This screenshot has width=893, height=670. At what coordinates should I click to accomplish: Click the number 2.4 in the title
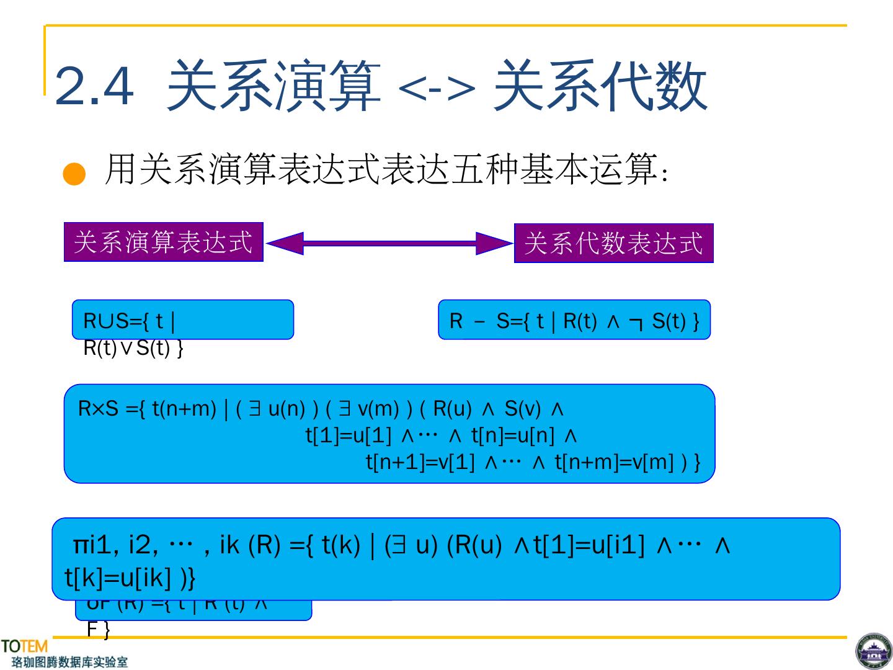94,86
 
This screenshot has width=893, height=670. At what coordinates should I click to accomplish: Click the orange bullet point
74,174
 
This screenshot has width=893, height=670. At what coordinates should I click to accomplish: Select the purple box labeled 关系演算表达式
164,242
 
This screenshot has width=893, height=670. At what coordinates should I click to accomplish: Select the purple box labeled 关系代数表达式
613,243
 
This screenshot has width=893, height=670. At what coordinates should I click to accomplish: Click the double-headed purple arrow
389,243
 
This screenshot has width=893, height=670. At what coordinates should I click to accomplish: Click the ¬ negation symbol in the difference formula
636,322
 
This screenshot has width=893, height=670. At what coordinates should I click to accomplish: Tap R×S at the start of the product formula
98,409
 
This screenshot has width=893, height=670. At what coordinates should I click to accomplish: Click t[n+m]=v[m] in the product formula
614,462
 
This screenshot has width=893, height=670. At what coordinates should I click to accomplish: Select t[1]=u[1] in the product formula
349,435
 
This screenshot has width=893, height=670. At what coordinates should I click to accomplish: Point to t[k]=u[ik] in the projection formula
118,578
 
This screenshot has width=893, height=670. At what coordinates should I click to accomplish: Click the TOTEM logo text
24,646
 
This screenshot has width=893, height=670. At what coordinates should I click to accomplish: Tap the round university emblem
873,651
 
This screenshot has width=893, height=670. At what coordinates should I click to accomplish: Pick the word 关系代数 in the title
600,86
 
